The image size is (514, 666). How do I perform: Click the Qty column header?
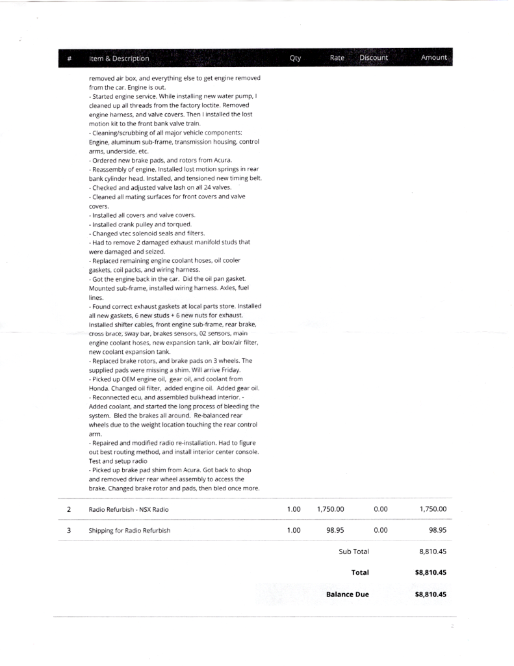click(x=295, y=58)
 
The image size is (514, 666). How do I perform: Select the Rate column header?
click(x=337, y=58)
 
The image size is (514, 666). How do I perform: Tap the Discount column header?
click(x=373, y=58)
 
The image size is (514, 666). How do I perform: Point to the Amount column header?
click(x=433, y=58)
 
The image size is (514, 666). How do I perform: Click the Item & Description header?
click(x=119, y=59)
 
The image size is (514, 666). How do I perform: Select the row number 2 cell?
click(x=70, y=509)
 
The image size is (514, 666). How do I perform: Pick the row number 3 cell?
click(x=70, y=530)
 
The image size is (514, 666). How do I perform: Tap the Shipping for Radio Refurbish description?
click(x=129, y=530)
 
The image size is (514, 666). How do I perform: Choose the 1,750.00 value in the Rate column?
click(x=330, y=509)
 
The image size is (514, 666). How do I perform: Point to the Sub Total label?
click(x=353, y=552)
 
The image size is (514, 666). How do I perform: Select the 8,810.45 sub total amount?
click(x=432, y=552)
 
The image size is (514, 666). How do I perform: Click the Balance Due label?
click(x=347, y=594)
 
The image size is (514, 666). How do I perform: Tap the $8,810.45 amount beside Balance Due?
click(x=430, y=594)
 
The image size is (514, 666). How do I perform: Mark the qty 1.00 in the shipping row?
click(x=293, y=530)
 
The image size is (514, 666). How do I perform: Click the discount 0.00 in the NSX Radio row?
click(x=381, y=509)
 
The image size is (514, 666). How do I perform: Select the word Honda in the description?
click(x=99, y=386)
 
